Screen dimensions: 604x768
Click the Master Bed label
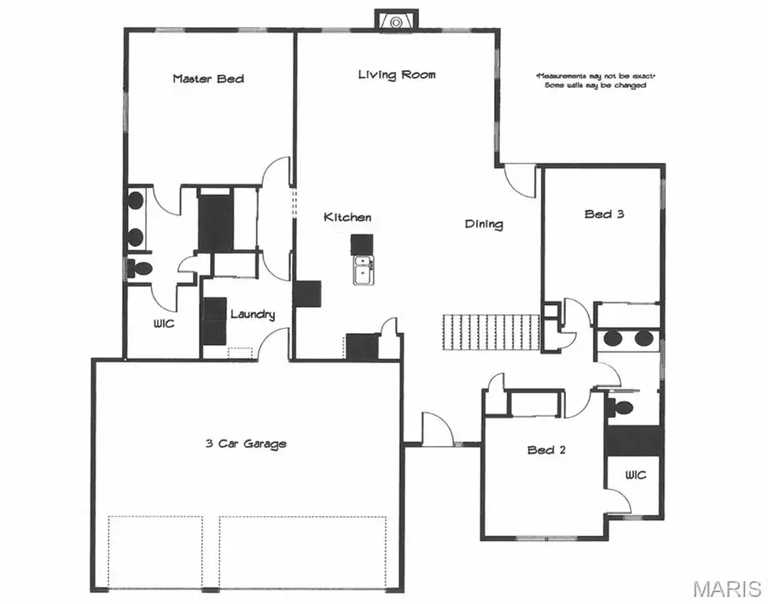[208, 79]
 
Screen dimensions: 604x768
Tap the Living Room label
[396, 74]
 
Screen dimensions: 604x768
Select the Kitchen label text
[347, 218]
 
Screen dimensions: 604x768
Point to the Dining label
[484, 225]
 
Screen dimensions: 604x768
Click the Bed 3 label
[604, 214]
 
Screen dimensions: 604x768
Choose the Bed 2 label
[546, 450]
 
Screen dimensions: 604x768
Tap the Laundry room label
[253, 314]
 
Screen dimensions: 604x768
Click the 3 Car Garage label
[246, 443]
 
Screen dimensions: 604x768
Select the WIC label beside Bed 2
[636, 474]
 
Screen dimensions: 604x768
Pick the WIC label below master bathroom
[164, 325]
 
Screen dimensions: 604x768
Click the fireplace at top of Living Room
[396, 22]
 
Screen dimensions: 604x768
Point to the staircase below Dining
[492, 331]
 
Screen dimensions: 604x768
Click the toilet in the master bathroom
[139, 269]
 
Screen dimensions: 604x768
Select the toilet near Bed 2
[620, 408]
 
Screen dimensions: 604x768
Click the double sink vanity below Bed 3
[626, 338]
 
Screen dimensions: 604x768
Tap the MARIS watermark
[726, 589]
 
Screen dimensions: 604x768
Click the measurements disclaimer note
[595, 80]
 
